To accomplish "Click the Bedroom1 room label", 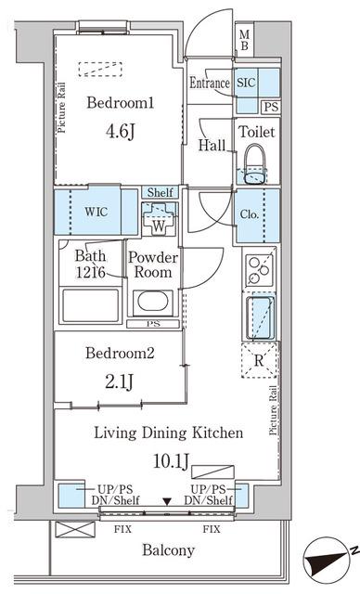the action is coord(121,103).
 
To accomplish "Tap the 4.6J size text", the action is coord(121,132).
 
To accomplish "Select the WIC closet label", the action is coord(96,212).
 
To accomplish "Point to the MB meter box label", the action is coord(245,41).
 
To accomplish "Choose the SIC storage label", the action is coord(246,83).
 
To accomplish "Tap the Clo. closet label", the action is coord(250,214).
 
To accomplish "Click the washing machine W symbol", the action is coord(159,220).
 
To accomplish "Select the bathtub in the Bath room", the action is coord(90,305).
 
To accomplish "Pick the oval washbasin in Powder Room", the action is coord(153,302).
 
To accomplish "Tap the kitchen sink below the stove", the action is coord(260,317).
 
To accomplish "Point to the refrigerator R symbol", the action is coord(259,360).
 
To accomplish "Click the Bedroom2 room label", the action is coord(120,353).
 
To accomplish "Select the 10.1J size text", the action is coord(171,461).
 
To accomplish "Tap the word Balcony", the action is coord(169,549).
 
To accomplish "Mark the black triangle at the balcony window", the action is coord(167,501).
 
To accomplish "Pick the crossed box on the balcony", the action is coord(75,529).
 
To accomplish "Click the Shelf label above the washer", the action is coord(161,192).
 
